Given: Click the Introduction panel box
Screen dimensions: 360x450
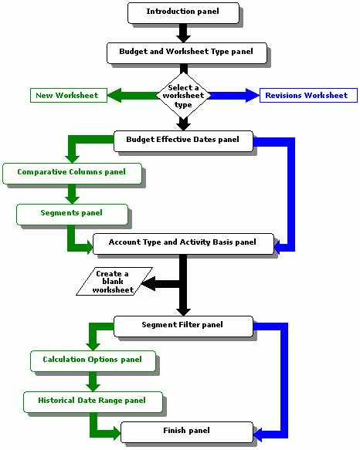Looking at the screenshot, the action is pos(183,13).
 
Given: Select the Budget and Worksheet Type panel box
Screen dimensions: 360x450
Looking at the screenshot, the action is pos(187,53).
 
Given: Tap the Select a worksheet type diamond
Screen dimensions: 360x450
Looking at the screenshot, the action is pos(183,95).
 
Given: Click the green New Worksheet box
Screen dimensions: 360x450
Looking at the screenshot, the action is pos(69,95).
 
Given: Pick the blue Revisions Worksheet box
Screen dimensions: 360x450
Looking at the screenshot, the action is pos(308,95).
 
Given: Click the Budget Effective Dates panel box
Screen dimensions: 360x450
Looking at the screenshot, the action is pos(183,141).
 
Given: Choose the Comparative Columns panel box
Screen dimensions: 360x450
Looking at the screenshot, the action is pos(72,174).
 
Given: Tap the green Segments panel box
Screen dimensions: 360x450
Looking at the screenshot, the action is pos(72,215).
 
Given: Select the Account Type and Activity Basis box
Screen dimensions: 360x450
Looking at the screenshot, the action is pos(183,244).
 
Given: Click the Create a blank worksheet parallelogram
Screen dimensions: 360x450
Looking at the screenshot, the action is pos(114,281).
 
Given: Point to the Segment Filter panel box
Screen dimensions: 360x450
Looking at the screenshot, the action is pos(183,327).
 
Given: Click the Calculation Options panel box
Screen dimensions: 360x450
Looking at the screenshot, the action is pos(93,361).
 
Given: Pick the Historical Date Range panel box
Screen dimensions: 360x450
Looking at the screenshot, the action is pos(93,402).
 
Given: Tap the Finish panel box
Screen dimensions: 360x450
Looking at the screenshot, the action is pos(187,432).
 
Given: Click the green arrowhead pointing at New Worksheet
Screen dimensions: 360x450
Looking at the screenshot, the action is pos(114,95).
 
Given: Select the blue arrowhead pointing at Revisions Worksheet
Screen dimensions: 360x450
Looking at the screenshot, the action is pos(253,95).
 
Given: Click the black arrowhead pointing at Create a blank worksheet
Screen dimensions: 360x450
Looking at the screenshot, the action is pos(148,284).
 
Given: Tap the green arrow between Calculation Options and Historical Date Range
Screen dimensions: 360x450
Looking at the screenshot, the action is pos(93,382).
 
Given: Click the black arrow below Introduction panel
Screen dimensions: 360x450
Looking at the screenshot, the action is pos(183,33).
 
